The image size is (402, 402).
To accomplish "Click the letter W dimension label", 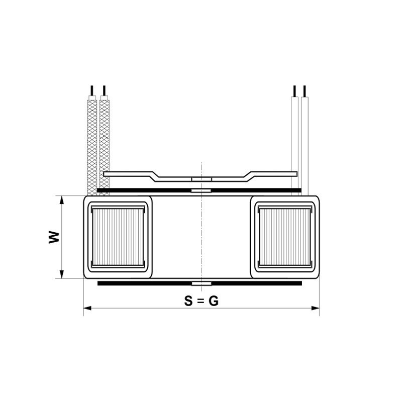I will pyautogui.click(x=54, y=237).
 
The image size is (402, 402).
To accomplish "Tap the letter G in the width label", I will pyautogui.click(x=214, y=301).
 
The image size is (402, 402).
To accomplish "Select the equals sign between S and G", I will pyautogui.click(x=201, y=301).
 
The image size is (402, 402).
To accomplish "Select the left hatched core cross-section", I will pyautogui.click(x=118, y=237).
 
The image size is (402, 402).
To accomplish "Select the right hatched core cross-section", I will pyautogui.click(x=285, y=237).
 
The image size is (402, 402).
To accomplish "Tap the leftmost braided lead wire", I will pyautogui.click(x=92, y=146).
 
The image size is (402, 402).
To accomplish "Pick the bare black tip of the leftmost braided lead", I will pyautogui.click(x=91, y=91).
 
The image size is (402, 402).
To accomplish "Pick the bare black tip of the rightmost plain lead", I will pyautogui.click(x=305, y=91).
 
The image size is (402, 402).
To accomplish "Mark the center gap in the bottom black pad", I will pyautogui.click(x=201, y=283).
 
